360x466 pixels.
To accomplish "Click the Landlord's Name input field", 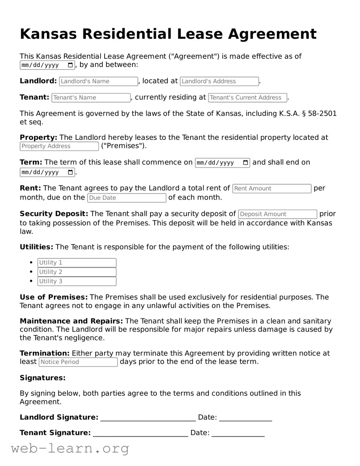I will (x=98, y=81).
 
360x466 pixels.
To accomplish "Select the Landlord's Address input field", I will (x=219, y=81).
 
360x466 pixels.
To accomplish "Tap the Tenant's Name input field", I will (x=91, y=98).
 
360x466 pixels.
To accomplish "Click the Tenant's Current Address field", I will (x=248, y=98).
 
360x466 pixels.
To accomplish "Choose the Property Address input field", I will (x=59, y=146).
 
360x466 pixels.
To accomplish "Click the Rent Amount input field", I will (x=272, y=188).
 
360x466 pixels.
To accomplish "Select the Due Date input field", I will (x=127, y=198).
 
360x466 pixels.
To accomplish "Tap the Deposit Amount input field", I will (x=277, y=214).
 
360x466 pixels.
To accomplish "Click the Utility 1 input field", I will (x=77, y=263).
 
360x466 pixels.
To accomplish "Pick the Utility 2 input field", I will (x=77, y=272).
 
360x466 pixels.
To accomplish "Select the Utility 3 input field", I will (x=77, y=281).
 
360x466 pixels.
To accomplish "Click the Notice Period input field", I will (x=78, y=362).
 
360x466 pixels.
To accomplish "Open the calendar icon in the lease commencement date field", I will (x=245, y=163).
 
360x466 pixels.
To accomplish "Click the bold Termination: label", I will (x=45, y=353).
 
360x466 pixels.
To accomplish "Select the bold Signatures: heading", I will (x=42, y=378).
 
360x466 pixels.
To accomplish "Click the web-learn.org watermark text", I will (x=70, y=449).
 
